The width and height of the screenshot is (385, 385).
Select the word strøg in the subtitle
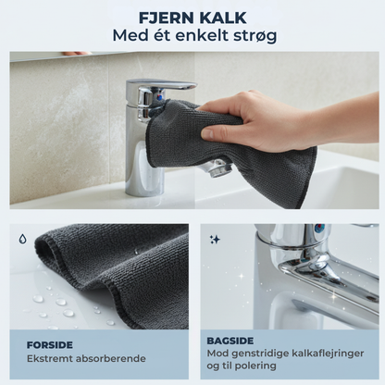254,36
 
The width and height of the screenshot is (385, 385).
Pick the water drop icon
23,238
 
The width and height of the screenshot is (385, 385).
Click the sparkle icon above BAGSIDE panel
215,239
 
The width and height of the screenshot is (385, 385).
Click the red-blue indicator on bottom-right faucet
319,229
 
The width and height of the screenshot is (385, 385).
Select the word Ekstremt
49,358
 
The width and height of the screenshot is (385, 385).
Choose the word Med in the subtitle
131,36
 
